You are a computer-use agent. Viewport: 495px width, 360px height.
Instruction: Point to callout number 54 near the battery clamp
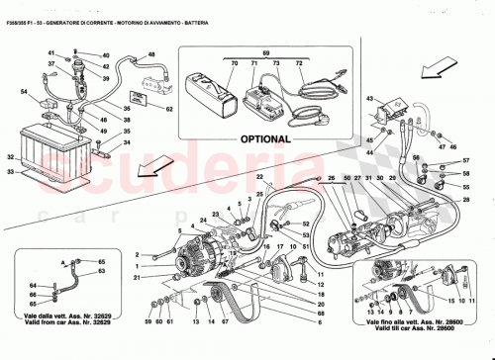pos(25,91)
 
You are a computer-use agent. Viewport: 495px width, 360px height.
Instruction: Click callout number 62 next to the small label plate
pos(169,108)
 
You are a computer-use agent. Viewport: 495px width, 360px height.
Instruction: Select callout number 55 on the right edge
pos(465,185)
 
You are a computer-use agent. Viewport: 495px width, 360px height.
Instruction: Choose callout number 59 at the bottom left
pos(148,322)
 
